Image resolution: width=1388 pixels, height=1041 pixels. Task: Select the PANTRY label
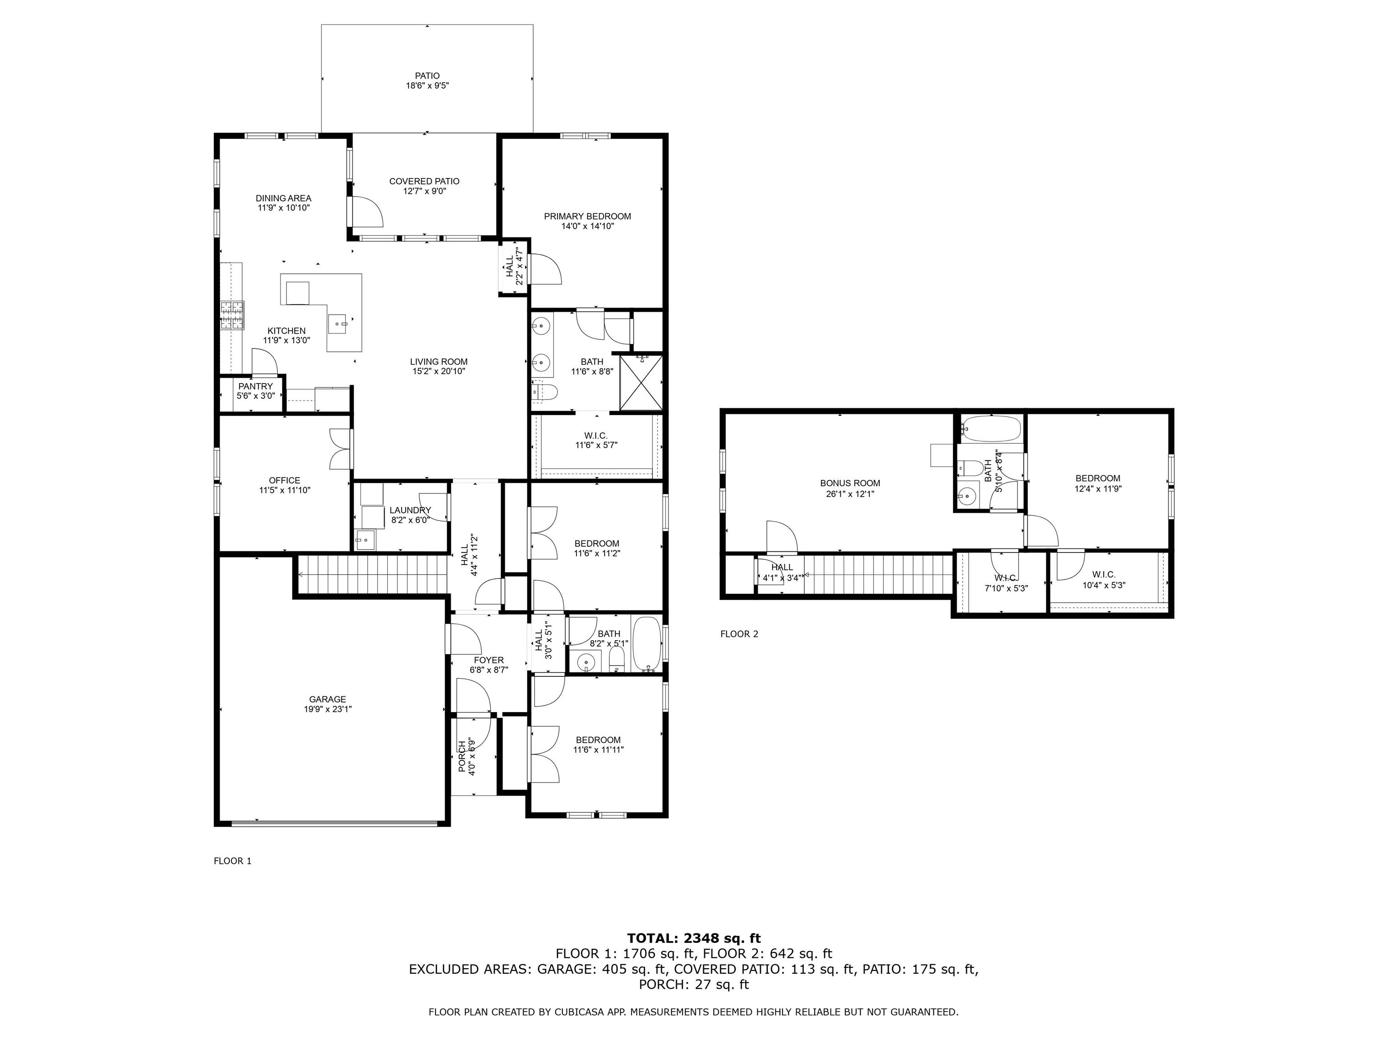pyautogui.click(x=255, y=386)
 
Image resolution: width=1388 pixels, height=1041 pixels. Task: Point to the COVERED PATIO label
pyautogui.click(x=424, y=181)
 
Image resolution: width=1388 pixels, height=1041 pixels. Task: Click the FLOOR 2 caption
pyautogui.click(x=739, y=634)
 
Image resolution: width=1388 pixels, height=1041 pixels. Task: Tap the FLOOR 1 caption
pyautogui.click(x=233, y=861)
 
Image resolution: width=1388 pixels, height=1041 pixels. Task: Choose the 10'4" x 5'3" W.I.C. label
pyautogui.click(x=1104, y=580)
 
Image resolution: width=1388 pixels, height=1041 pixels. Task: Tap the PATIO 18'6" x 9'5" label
pyautogui.click(x=427, y=81)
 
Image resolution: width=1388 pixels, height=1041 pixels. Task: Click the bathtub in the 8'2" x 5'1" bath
pyautogui.click(x=646, y=644)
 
